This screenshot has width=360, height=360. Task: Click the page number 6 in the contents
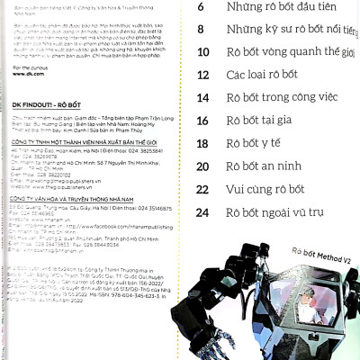pyautogui.click(x=201, y=7)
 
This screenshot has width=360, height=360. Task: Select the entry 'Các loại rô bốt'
pyautogui.click(x=261, y=75)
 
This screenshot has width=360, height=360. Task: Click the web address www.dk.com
pyautogui.click(x=31, y=77)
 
